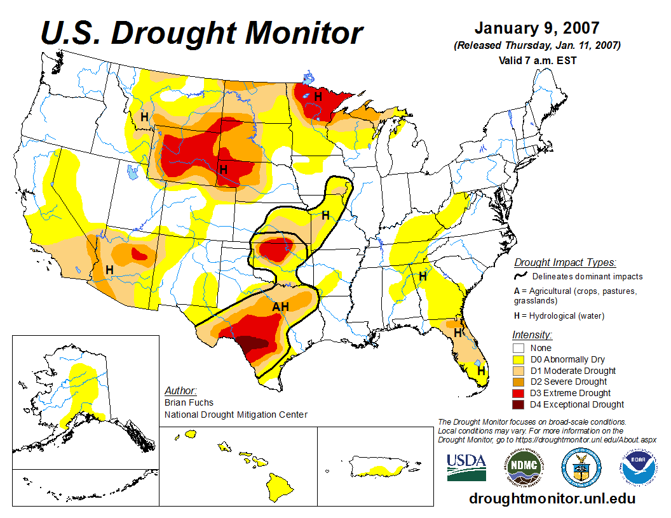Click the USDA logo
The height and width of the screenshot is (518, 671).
[x=466, y=467]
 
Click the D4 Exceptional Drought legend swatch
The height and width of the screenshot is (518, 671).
[x=519, y=404]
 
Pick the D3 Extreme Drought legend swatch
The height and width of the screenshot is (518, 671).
[x=519, y=393]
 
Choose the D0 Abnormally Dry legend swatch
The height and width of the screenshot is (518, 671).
[x=519, y=359]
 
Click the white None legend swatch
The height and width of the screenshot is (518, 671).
[x=519, y=348]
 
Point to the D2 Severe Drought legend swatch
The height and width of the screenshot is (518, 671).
[x=519, y=382]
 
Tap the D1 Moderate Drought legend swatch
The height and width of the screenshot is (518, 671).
[x=519, y=371]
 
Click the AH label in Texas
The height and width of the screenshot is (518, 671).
[x=281, y=307]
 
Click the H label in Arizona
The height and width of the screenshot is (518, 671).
[x=109, y=269]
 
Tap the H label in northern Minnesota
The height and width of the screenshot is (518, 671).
[x=318, y=96]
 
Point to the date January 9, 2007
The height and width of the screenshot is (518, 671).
[x=537, y=29]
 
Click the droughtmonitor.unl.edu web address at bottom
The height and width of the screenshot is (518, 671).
[x=552, y=498]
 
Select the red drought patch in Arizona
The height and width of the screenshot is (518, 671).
[x=139, y=254]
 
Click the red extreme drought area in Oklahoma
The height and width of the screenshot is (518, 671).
[x=274, y=249]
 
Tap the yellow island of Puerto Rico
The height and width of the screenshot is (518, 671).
[x=377, y=470]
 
